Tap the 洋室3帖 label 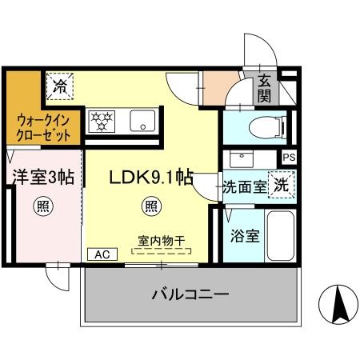click(x=43, y=177)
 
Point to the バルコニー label click(x=190, y=294)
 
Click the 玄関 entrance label click(x=264, y=89)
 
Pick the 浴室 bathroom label click(x=245, y=236)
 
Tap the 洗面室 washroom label click(x=245, y=187)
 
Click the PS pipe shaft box click(x=290, y=157)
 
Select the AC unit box click(x=102, y=254)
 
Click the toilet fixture click(x=267, y=127)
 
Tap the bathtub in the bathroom click(x=281, y=236)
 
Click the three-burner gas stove click(x=102, y=122)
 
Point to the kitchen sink click(x=142, y=121)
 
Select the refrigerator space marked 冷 click(x=60, y=86)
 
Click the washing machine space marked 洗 click(x=282, y=185)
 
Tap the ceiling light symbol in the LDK click(x=152, y=206)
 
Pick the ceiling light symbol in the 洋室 click(x=43, y=206)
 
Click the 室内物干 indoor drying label click(x=162, y=241)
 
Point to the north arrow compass click(x=338, y=305)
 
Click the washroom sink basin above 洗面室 click(x=242, y=159)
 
